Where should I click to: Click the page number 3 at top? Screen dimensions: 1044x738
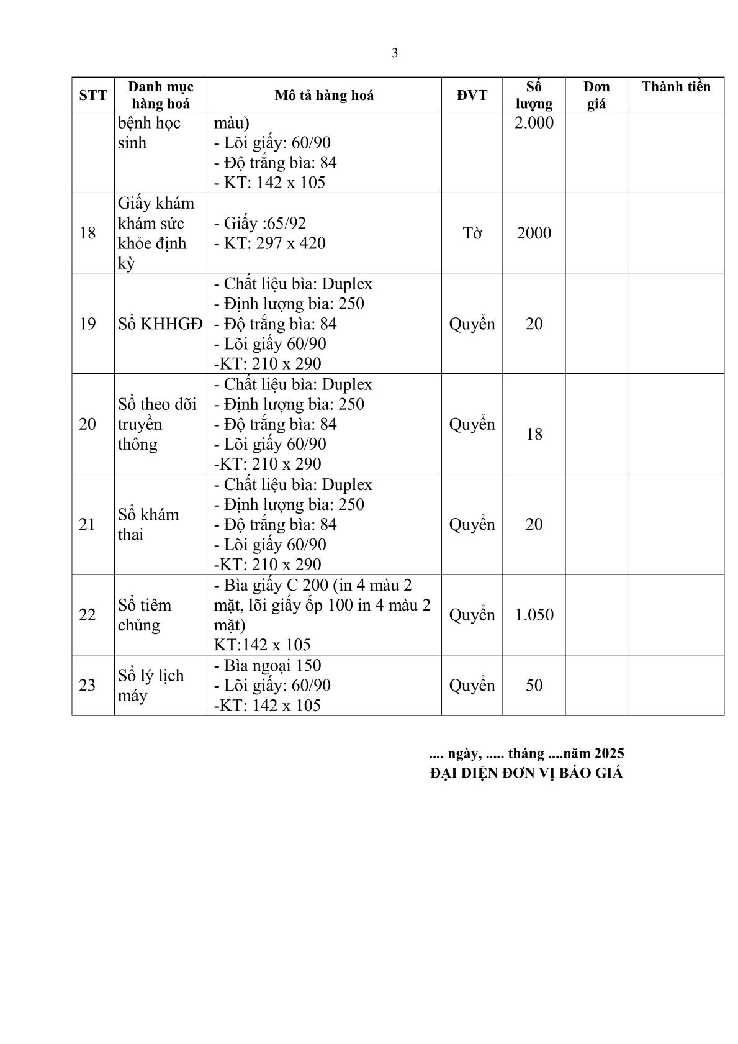pyautogui.click(x=395, y=53)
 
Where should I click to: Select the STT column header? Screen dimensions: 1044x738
pyautogui.click(x=93, y=95)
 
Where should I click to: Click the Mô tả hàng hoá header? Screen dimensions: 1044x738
pyautogui.click(x=324, y=95)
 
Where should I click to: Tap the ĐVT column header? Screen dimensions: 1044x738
pyautogui.click(x=472, y=95)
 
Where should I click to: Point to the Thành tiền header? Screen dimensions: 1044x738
pyautogui.click(x=675, y=86)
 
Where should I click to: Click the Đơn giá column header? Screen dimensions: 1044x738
pyautogui.click(x=596, y=95)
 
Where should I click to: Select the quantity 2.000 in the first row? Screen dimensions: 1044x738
pyautogui.click(x=534, y=122)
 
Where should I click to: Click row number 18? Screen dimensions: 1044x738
pyautogui.click(x=88, y=233)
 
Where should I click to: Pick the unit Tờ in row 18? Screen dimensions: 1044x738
pyautogui.click(x=472, y=233)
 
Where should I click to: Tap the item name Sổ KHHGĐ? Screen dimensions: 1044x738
pyautogui.click(x=160, y=324)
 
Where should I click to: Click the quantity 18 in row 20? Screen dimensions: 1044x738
pyautogui.click(x=534, y=434)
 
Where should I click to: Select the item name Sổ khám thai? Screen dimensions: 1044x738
pyautogui.click(x=148, y=524)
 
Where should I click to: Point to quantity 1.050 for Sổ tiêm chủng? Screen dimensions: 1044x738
pyautogui.click(x=534, y=615)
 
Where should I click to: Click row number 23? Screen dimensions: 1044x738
pyautogui.click(x=88, y=685)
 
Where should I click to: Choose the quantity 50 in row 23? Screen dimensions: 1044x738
pyautogui.click(x=534, y=685)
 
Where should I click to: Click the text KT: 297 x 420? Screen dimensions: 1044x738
pyautogui.click(x=270, y=243)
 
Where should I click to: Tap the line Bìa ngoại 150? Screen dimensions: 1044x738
pyautogui.click(x=268, y=665)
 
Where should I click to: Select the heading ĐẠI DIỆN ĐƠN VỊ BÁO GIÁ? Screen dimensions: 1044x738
pyautogui.click(x=526, y=773)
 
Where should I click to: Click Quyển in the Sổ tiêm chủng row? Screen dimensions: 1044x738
pyautogui.click(x=472, y=615)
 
